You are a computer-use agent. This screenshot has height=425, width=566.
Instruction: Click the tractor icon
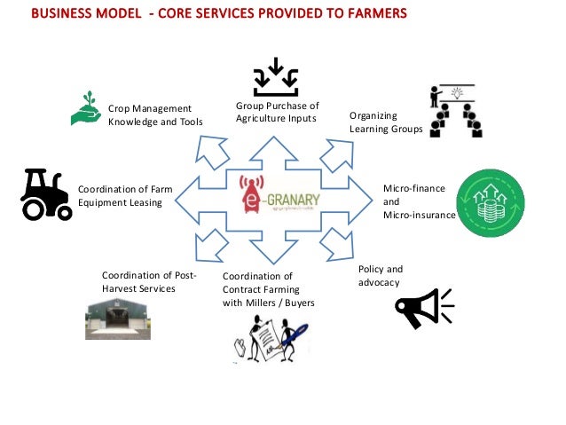click(x=45, y=193)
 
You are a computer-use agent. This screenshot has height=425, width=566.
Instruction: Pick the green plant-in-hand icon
click(x=87, y=108)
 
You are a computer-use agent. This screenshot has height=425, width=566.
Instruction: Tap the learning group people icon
click(x=455, y=111)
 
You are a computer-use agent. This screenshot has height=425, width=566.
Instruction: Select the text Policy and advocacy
click(x=381, y=275)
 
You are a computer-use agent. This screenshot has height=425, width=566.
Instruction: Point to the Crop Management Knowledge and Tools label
click(x=154, y=114)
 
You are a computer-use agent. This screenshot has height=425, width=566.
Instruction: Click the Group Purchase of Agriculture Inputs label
click(x=277, y=113)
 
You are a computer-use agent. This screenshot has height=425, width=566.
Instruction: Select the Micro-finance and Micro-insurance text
click(x=418, y=201)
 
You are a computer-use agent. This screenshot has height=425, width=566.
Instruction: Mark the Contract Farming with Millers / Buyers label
click(x=268, y=289)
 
